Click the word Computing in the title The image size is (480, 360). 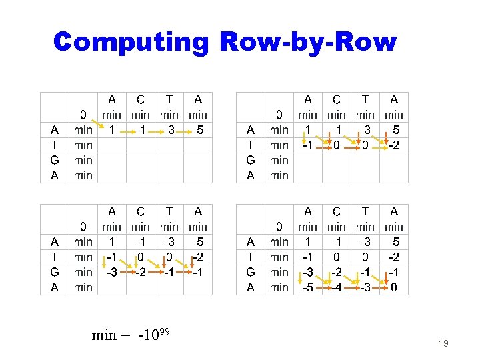(x=131, y=41)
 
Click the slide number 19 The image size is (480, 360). (x=443, y=344)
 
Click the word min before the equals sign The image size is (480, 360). (x=104, y=335)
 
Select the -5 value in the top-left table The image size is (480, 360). (x=198, y=130)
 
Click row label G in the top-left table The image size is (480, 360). (x=55, y=161)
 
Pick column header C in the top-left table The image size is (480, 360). (x=141, y=100)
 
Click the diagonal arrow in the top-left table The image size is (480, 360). (x=98, y=123)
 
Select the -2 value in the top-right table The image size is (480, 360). (x=394, y=145)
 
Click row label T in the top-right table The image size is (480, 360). (x=251, y=145)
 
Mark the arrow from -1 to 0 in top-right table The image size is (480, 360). (x=323, y=146)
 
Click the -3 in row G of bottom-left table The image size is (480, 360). (x=111, y=272)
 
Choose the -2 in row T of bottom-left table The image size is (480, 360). (x=198, y=257)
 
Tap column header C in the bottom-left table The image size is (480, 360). (x=141, y=212)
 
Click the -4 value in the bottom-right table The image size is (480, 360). (x=337, y=288)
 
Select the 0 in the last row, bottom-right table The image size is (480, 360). (x=395, y=288)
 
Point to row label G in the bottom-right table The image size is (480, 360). (x=251, y=272)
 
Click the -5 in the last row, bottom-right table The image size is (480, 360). (x=307, y=288)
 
